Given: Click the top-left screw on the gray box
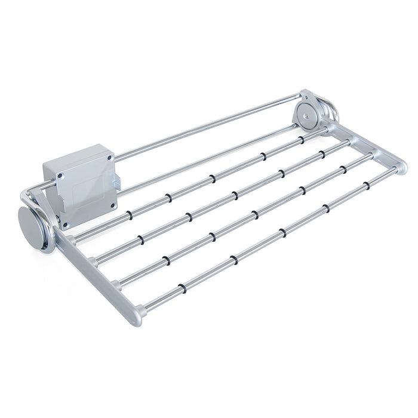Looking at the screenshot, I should (x=60, y=177).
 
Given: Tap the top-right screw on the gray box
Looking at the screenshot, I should (x=110, y=157).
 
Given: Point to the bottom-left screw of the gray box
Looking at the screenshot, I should (x=66, y=226).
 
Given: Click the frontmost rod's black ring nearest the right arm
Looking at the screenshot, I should (x=367, y=186).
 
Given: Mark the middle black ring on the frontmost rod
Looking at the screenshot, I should (x=282, y=233).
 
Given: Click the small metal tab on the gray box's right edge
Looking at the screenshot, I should (x=118, y=180).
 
